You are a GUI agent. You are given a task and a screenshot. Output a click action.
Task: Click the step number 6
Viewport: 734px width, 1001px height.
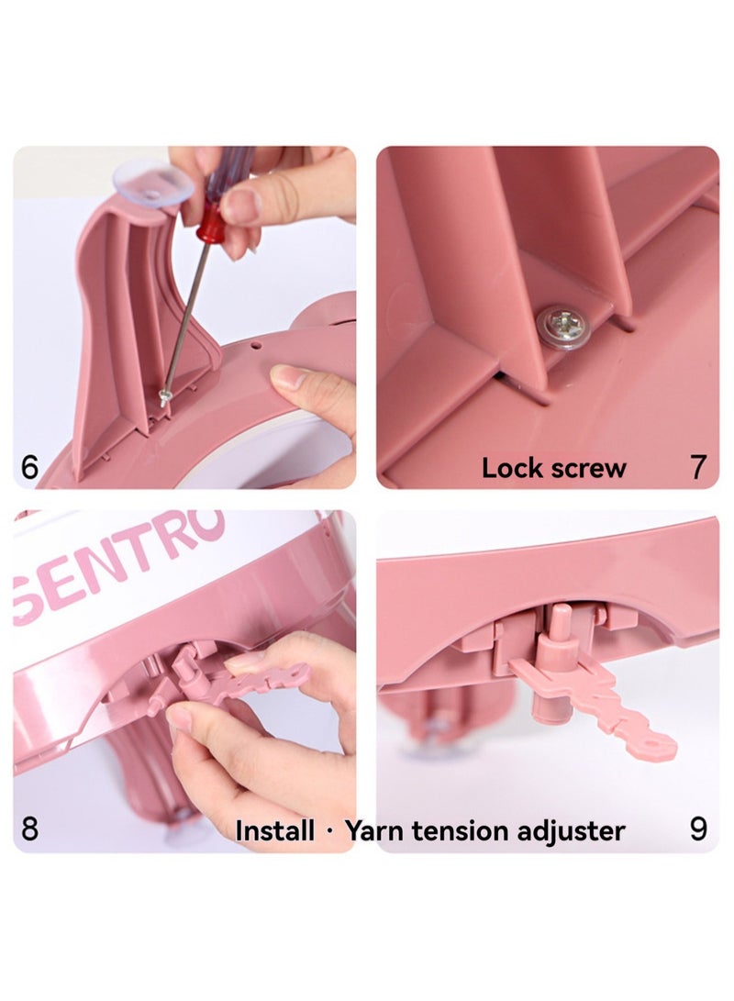click(x=29, y=467)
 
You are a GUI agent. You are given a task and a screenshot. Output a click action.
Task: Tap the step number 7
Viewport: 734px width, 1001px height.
click(x=698, y=467)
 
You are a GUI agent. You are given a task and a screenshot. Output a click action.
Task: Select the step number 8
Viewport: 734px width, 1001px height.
click(x=29, y=829)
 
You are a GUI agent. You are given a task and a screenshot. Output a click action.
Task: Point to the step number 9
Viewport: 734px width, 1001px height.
click(x=698, y=829)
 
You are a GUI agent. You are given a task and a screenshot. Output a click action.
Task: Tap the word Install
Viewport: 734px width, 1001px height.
click(x=275, y=830)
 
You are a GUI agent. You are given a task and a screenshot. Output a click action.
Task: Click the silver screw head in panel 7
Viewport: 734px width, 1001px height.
click(x=562, y=324)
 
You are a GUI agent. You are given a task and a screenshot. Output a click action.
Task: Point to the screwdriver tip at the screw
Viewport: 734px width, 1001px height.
click(x=165, y=398)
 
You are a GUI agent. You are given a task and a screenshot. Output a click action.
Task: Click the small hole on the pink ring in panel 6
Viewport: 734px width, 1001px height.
click(x=255, y=345)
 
